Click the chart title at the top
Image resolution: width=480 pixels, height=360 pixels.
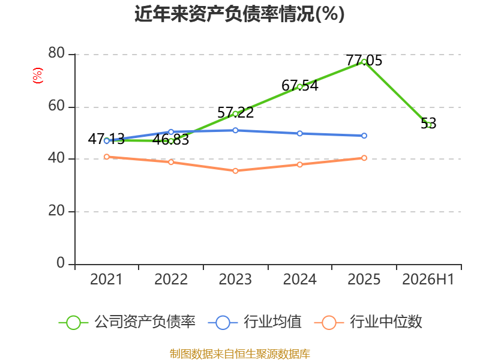click(x=239, y=14)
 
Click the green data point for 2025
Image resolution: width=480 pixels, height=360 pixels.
click(x=364, y=62)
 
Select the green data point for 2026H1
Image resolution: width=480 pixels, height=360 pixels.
click(x=428, y=125)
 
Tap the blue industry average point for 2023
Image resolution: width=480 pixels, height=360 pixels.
click(x=235, y=130)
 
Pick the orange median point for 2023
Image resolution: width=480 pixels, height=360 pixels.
click(x=235, y=171)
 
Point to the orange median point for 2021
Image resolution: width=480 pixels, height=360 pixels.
click(x=107, y=157)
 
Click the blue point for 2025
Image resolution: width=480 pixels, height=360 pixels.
click(x=364, y=136)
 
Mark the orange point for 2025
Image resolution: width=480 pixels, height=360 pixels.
click(x=364, y=158)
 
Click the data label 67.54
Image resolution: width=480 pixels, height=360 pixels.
click(x=299, y=85)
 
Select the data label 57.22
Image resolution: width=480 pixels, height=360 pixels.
click(x=235, y=113)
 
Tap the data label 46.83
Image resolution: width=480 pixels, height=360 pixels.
click(x=171, y=140)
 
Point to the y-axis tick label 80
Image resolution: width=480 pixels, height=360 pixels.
click(x=56, y=53)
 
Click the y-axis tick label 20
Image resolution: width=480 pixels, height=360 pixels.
click(x=56, y=211)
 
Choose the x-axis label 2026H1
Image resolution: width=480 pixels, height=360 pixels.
click(x=428, y=279)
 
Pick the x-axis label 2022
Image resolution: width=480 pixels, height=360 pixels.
click(x=171, y=279)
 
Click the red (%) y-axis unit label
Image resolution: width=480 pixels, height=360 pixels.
click(x=38, y=76)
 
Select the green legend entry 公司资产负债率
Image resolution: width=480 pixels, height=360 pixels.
click(x=127, y=322)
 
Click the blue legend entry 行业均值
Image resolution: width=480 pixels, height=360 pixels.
click(x=254, y=322)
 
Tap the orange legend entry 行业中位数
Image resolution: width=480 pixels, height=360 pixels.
click(x=368, y=322)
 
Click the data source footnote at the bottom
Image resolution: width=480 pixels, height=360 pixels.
click(x=240, y=353)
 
